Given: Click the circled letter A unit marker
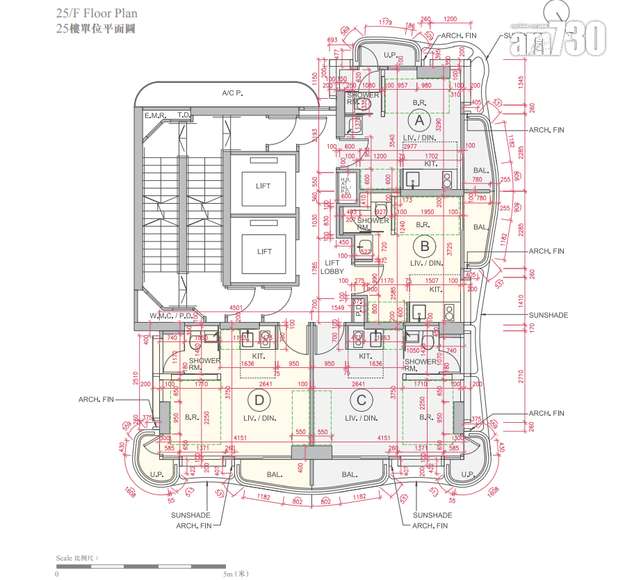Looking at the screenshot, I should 419,121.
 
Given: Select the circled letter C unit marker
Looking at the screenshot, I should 361,400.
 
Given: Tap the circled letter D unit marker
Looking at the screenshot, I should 259,400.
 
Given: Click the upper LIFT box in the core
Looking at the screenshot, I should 263,186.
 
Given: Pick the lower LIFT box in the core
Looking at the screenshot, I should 263,252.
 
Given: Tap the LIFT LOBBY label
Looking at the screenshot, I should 332,267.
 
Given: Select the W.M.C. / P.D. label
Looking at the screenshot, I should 170,316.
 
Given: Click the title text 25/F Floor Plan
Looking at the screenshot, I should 97,13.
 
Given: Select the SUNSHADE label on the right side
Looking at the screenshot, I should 548,315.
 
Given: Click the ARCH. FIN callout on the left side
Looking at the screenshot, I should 96,400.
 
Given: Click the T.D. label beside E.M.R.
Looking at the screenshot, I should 184,115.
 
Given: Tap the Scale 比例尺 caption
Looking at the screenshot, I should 77,558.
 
